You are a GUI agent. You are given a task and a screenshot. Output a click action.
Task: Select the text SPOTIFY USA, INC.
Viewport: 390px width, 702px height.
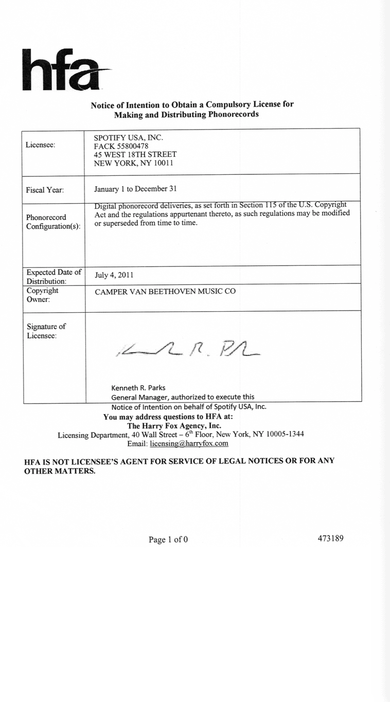[x=129, y=137]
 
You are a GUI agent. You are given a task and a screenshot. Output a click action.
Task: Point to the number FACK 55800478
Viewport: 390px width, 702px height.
[x=121, y=146]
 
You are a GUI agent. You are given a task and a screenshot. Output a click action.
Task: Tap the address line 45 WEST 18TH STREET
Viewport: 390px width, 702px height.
[x=135, y=154]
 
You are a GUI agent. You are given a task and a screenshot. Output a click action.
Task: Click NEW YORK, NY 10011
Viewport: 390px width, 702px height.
[x=133, y=164]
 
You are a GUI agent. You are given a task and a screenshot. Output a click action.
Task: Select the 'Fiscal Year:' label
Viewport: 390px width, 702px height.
[x=45, y=190]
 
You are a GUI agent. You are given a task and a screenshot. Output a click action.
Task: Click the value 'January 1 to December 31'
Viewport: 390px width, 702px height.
[x=136, y=189]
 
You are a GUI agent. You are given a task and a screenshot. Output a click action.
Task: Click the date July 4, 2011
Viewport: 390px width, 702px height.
[x=114, y=275]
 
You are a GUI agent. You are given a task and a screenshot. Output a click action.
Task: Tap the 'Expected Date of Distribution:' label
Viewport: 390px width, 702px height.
[x=54, y=277]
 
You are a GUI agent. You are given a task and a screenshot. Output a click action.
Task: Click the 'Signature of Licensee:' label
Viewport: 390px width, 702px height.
[x=46, y=331]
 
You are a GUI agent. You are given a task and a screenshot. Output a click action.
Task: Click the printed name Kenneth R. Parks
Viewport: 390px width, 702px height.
[x=138, y=387]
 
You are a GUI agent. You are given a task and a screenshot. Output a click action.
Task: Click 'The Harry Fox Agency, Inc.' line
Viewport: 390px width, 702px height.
[x=174, y=426]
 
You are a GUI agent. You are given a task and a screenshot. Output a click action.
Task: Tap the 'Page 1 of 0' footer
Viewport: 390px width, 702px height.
[x=168, y=539]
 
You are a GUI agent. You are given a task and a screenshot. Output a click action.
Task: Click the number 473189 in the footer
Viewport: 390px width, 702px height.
[x=331, y=538]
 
